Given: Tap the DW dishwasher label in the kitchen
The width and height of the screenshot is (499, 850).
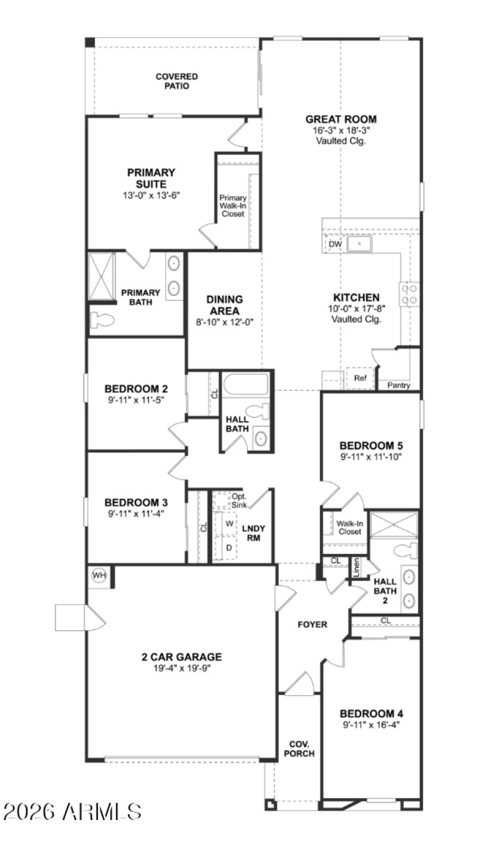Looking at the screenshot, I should [335, 244].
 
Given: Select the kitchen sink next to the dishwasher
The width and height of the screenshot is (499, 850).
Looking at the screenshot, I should [359, 244].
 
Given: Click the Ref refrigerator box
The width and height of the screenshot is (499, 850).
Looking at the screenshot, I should [360, 378].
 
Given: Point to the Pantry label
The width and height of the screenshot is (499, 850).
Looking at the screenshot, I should [399, 385].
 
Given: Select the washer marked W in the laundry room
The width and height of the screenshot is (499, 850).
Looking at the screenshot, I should [230, 522].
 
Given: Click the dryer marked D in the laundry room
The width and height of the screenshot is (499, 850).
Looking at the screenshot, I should [229, 547].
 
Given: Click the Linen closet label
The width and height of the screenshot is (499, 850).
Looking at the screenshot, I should [356, 566].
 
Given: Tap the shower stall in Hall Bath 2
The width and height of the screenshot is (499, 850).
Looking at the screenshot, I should [394, 524].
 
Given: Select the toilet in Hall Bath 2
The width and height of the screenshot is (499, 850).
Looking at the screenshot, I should [406, 550].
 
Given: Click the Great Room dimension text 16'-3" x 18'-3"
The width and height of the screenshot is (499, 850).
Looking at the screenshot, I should [341, 131].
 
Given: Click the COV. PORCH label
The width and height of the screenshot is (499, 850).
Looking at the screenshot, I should [299, 749].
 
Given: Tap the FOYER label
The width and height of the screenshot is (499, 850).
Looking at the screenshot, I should [312, 624].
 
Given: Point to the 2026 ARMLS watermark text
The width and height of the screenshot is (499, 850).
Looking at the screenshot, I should [72, 812].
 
